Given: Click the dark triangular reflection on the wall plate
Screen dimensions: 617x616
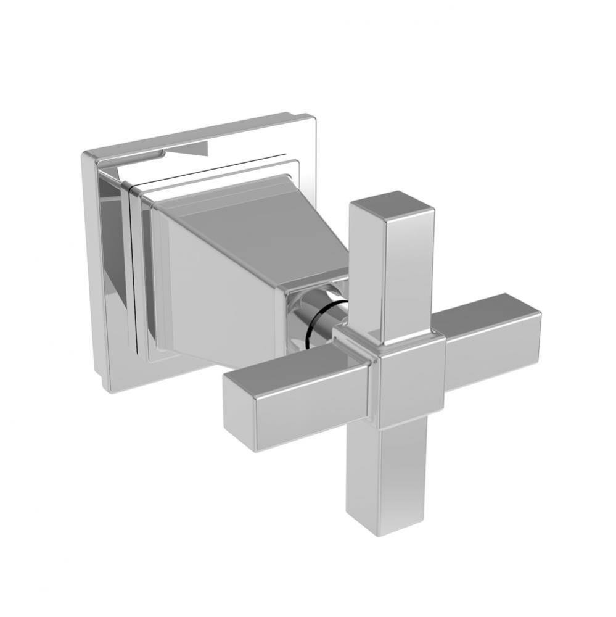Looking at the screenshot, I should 185,150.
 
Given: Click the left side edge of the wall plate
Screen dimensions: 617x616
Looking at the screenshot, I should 92,271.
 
